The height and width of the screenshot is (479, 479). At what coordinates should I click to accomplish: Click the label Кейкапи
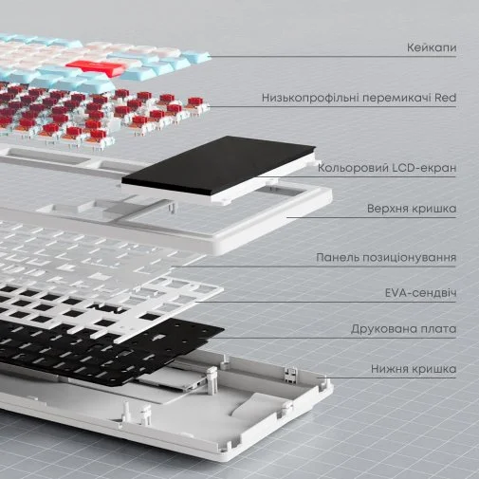[432, 47]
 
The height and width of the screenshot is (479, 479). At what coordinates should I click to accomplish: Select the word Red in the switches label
[445, 98]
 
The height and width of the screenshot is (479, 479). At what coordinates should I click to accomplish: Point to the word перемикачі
[396, 98]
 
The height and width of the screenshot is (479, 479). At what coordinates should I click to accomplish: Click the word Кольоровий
[352, 168]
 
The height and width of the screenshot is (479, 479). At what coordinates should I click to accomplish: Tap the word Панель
[337, 257]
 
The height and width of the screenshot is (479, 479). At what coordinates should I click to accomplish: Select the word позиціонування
[409, 258]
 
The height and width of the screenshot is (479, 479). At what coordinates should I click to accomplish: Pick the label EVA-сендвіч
[420, 293]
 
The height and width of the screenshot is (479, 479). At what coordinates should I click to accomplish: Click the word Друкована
[380, 329]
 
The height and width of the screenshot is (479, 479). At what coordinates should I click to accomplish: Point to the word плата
[435, 329]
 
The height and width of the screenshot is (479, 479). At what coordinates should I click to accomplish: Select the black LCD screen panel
[218, 166]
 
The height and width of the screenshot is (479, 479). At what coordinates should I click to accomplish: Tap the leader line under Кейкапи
[333, 57]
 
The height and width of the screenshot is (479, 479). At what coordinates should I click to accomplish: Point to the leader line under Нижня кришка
[386, 378]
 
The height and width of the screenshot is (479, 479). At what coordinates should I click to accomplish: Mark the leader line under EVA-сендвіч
[325, 303]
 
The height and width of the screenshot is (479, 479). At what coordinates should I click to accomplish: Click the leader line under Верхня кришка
[372, 217]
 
